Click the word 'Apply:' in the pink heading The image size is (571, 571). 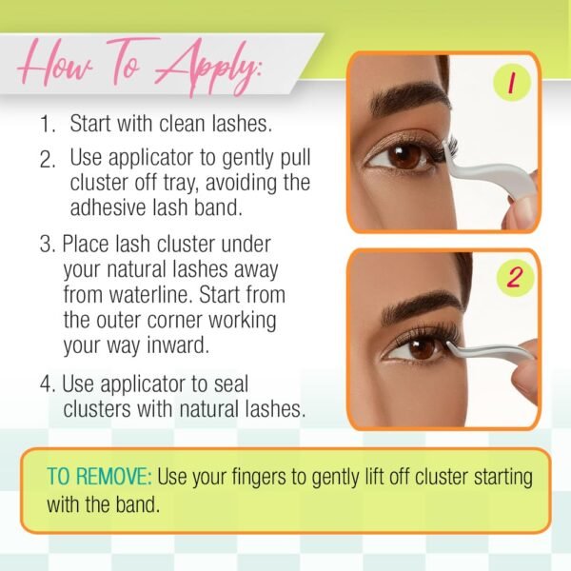(x=207, y=68)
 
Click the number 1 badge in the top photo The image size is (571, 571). (x=512, y=83)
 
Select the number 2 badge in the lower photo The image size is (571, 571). (x=515, y=278)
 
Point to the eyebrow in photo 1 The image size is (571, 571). (x=408, y=97)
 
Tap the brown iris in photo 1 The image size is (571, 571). (x=405, y=155)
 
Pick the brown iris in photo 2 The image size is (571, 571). (x=422, y=346)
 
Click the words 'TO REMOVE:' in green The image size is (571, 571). (x=99, y=476)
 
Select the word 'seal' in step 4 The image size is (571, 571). (x=231, y=384)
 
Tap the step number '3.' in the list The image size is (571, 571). (x=48, y=244)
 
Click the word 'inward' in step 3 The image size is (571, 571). (x=178, y=345)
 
